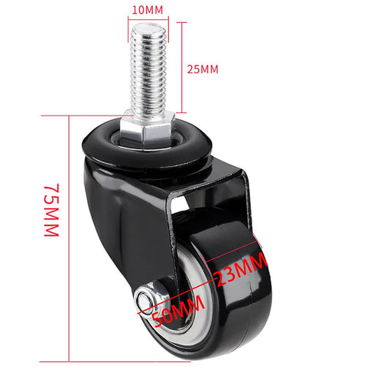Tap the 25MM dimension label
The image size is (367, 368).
tap(203, 69)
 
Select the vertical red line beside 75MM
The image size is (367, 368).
tap(70, 237)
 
